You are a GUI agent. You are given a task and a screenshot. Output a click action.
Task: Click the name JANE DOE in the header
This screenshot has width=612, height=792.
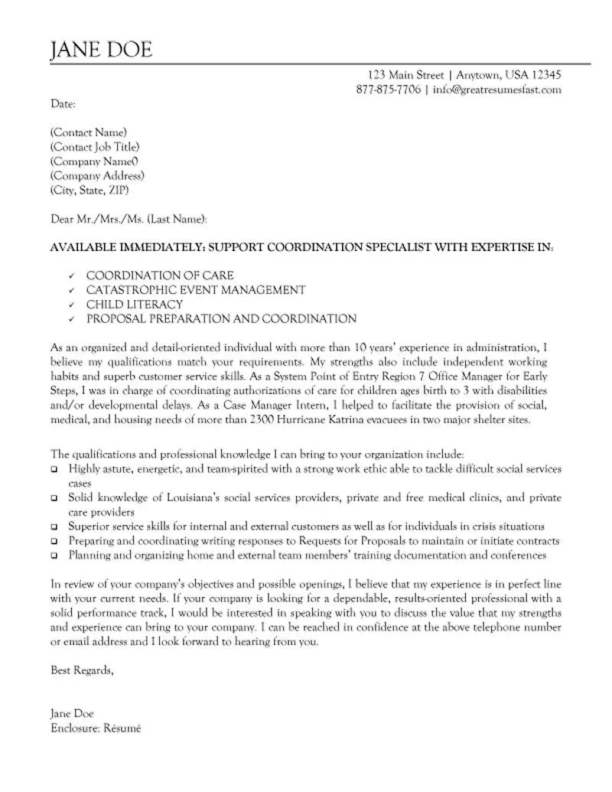(x=101, y=50)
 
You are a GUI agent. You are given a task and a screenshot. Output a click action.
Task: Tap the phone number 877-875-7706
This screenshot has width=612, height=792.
(x=388, y=90)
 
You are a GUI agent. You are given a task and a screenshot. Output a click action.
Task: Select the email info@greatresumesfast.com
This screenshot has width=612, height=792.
(x=497, y=90)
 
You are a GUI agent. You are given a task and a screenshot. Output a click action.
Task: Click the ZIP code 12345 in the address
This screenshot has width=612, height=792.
(x=545, y=75)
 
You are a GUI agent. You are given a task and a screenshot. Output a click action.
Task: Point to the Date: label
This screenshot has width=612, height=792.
(x=63, y=103)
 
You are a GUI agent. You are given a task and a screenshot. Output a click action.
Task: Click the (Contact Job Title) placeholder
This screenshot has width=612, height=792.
(x=95, y=147)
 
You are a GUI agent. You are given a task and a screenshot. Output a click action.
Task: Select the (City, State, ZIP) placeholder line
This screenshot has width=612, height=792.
(x=90, y=190)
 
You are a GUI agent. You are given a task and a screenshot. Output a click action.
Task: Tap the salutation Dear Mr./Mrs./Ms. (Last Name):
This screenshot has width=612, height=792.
(x=129, y=219)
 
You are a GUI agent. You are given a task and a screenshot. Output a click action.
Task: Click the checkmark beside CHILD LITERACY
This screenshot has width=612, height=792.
(x=71, y=305)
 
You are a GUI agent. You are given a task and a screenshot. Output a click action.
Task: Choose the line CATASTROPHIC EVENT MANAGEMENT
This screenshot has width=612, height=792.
(x=196, y=290)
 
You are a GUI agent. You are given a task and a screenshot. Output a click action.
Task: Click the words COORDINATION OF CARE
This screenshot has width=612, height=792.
(x=160, y=275)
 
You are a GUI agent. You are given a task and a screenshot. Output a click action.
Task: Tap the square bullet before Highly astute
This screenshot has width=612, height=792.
(x=54, y=469)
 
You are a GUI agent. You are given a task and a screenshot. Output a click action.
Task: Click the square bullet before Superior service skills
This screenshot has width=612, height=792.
(x=54, y=527)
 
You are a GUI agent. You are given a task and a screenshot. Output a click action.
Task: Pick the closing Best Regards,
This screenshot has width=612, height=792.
(x=82, y=670)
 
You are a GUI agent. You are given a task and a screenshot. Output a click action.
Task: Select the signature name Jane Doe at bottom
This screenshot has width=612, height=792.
(x=72, y=713)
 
